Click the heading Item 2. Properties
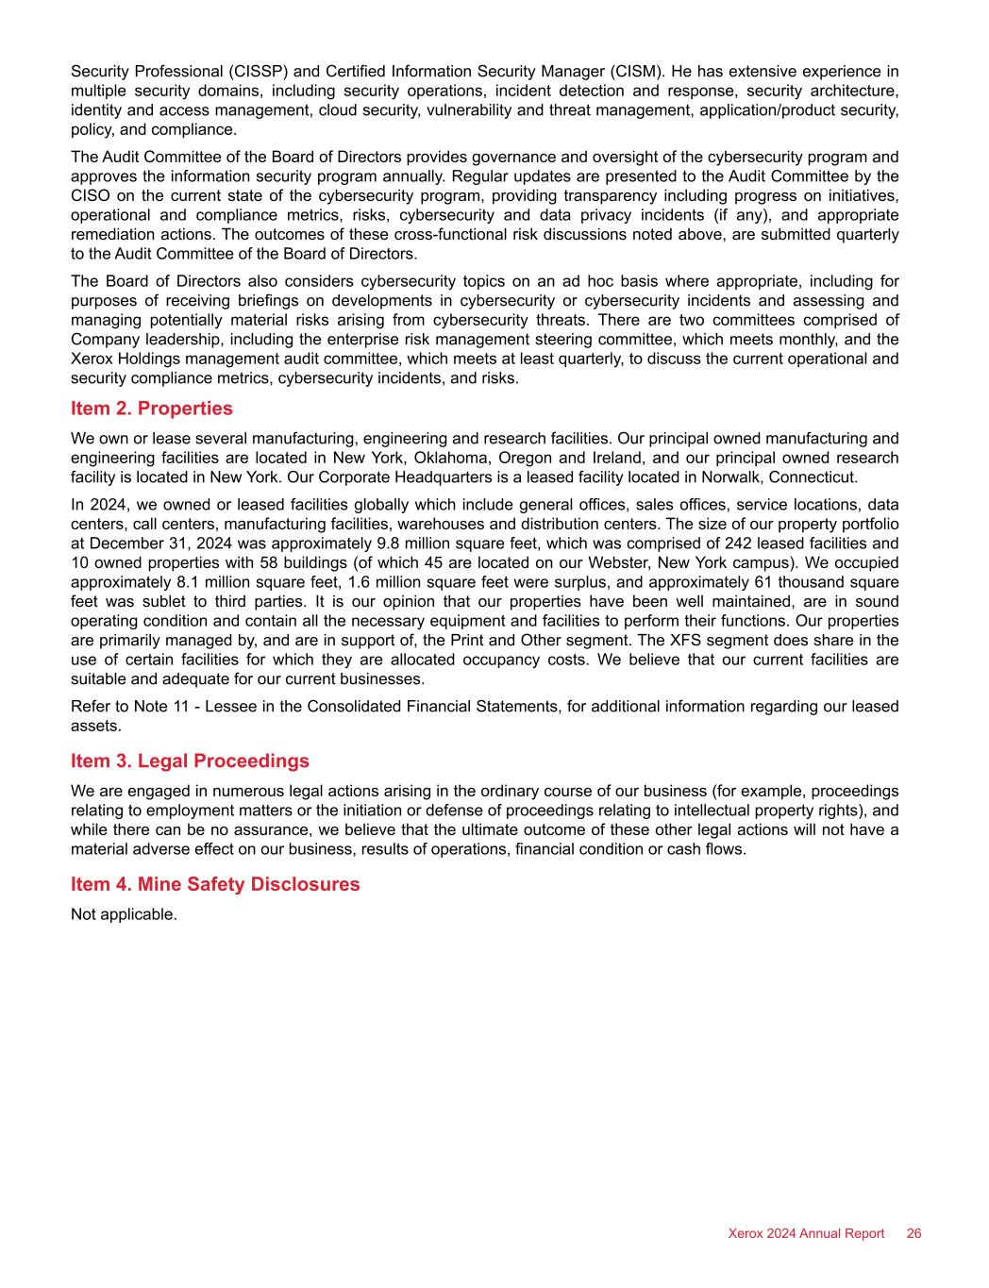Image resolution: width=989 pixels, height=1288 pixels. point(151,409)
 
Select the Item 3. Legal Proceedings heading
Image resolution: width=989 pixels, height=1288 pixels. point(190,761)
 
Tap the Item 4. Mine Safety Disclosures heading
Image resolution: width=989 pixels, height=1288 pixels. point(215,884)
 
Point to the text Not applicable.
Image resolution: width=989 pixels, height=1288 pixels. point(124,914)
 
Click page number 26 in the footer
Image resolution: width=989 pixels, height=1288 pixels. point(914,1233)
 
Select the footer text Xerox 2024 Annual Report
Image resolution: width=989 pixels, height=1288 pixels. point(806,1233)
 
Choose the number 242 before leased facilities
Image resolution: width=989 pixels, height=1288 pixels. point(737,544)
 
